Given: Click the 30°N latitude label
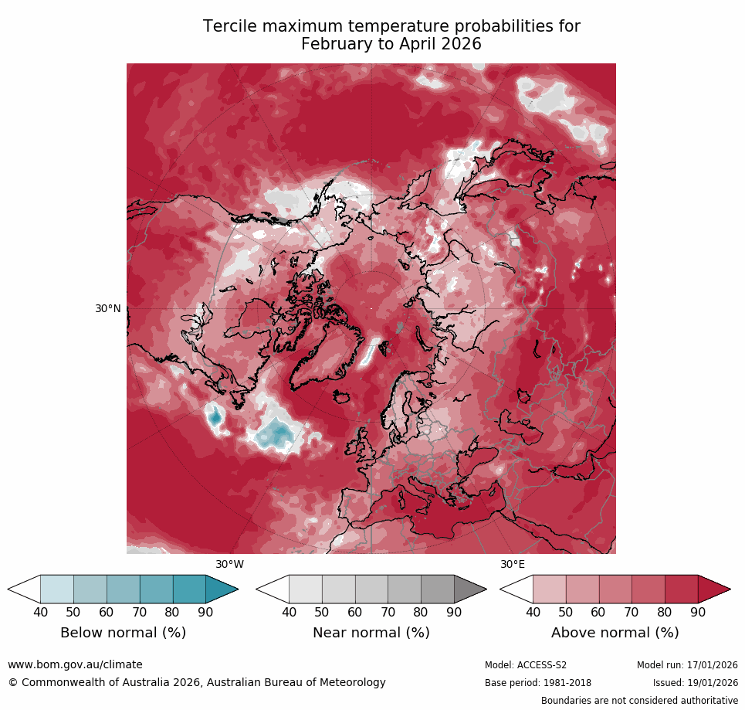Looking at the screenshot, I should pyautogui.click(x=108, y=308).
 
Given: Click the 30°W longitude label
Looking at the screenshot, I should pyautogui.click(x=229, y=564).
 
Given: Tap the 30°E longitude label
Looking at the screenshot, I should pyautogui.click(x=513, y=564).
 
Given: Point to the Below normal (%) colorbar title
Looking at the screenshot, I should pyautogui.click(x=123, y=633).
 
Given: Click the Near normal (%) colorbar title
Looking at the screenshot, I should pyautogui.click(x=371, y=633).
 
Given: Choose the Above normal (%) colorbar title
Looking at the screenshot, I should pyautogui.click(x=615, y=633).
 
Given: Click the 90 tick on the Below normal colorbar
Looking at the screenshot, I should pyautogui.click(x=205, y=613).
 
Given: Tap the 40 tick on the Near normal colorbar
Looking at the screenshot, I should pyautogui.click(x=289, y=613).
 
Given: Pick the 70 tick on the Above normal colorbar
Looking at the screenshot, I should pyautogui.click(x=632, y=613).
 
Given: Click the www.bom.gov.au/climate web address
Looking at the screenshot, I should pyautogui.click(x=75, y=664).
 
